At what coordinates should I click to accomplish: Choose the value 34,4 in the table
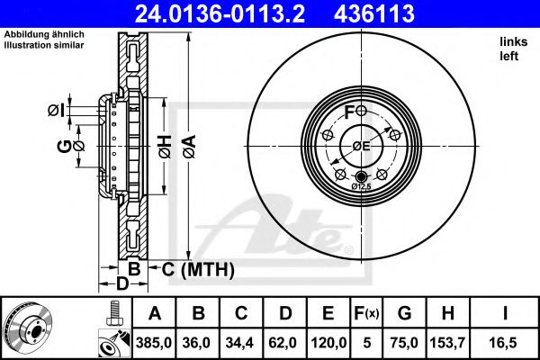242,342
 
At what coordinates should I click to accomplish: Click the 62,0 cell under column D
284,342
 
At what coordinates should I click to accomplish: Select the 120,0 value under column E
329,342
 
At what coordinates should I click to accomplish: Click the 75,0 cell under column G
404,342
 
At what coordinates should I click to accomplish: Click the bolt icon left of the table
112,314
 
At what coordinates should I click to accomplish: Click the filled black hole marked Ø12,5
362,175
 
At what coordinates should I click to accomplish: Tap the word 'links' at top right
512,42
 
